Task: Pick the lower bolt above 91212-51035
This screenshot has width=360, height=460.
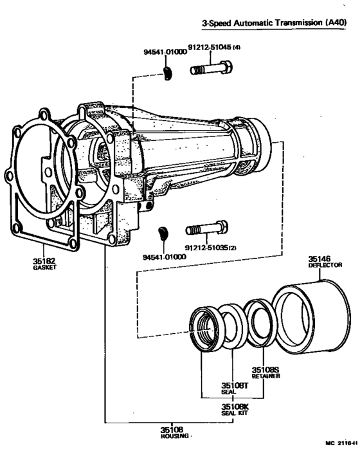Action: (x=206, y=228)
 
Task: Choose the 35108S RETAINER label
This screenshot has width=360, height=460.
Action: (x=264, y=373)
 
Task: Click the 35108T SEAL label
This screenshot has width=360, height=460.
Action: (x=230, y=387)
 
